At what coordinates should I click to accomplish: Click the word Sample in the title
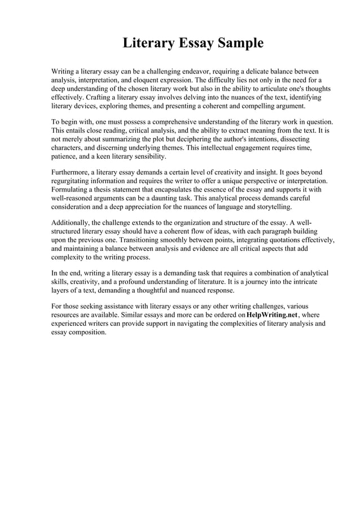[x=236, y=43]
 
